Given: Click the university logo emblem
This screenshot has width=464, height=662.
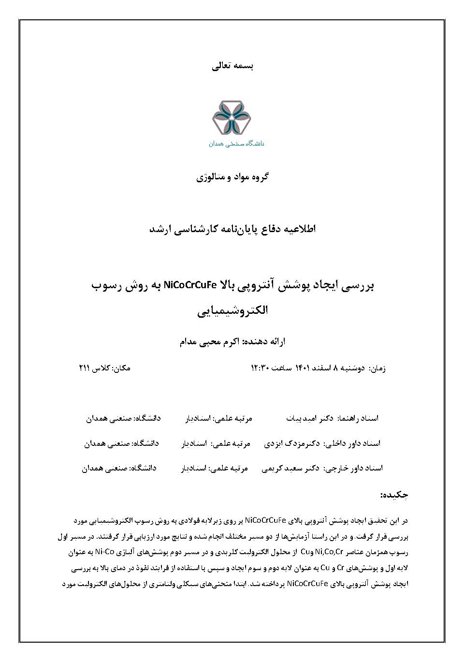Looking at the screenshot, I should click(231, 118).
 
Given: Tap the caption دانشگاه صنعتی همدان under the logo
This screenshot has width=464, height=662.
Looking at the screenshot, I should click(236, 144).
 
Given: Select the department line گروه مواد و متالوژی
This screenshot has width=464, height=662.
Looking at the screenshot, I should click(232, 177).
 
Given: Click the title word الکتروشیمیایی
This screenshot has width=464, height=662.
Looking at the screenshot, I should click(232, 310).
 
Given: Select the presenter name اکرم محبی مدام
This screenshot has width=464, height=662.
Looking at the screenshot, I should click(209, 342).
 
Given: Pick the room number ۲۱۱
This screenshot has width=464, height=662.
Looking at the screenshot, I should click(85, 368).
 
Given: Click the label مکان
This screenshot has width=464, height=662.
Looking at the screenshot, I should click(121, 368).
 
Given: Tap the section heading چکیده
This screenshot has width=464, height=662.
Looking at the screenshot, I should click(394, 495).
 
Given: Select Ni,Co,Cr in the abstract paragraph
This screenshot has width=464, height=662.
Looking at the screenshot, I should click(327, 552).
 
